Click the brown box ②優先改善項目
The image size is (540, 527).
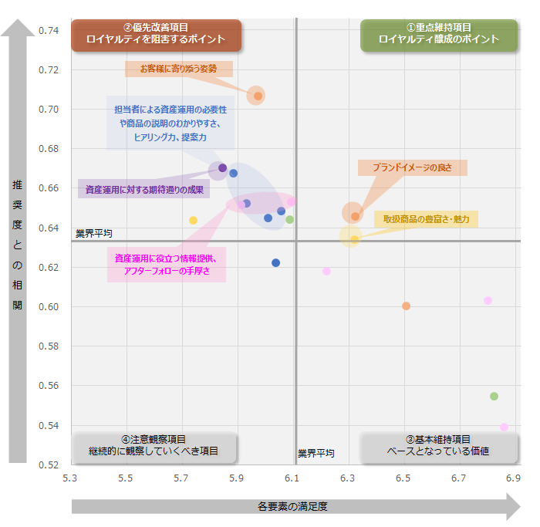pos(157,35)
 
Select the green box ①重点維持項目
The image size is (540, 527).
pos(439,35)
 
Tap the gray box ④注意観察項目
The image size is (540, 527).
pos(154,446)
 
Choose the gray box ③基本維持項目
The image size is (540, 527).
pos(438,446)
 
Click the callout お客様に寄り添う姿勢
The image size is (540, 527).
pos(178,69)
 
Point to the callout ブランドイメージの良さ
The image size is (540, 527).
pos(413,167)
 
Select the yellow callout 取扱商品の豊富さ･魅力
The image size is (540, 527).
pos(426,219)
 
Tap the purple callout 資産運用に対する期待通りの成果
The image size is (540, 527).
pos(144,189)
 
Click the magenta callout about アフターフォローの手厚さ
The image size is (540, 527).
pos(167,265)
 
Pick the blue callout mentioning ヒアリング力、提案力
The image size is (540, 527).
pos(170,123)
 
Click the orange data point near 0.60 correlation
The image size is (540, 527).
pos(406,306)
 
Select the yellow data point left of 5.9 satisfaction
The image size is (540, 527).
pos(194,221)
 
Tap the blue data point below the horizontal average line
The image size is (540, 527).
pos(276,263)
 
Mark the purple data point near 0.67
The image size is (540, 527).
pos(222,168)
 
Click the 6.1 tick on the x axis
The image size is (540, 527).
pos(292,478)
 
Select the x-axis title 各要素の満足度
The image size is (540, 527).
pos(292,507)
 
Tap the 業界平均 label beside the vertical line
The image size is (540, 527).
pos(316,454)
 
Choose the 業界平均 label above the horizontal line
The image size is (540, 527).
pos(94,233)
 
